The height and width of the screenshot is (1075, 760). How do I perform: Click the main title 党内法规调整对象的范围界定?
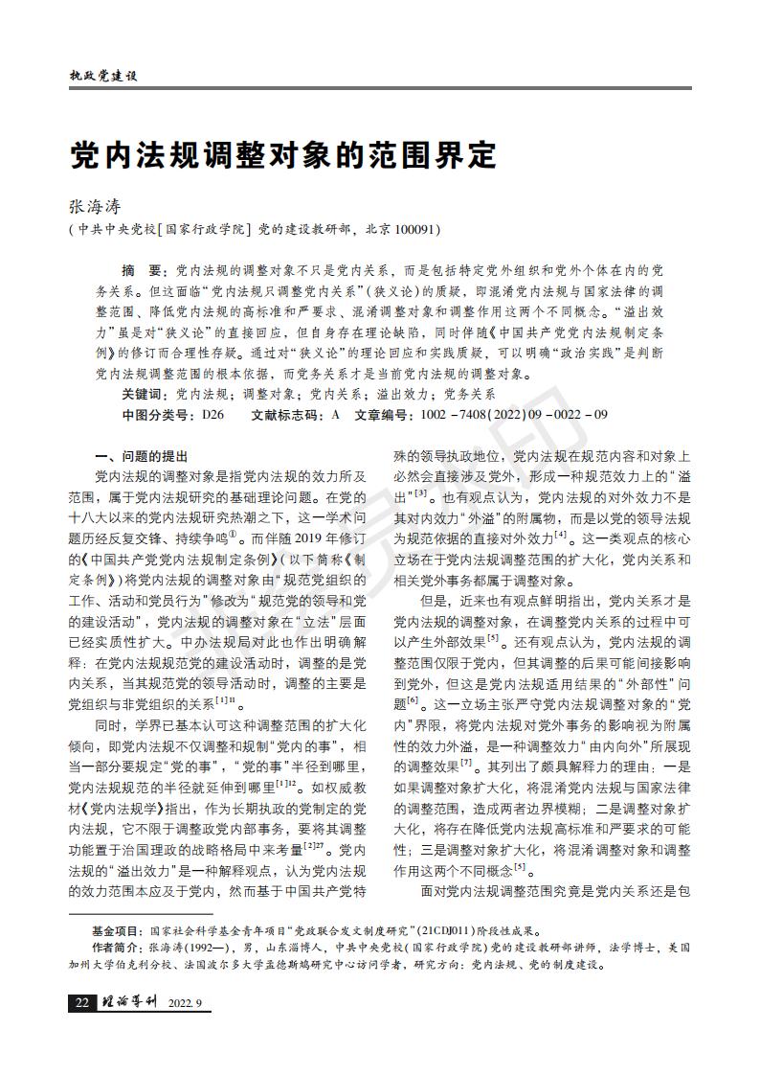click(284, 153)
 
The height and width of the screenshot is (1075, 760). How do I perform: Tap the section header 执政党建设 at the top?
click(104, 76)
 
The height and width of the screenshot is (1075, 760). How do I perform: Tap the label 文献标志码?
click(286, 416)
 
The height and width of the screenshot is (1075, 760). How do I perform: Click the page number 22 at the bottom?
click(81, 1003)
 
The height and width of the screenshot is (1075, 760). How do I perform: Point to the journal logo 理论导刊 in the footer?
click(129, 1003)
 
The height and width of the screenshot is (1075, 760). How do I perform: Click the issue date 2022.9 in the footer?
click(186, 1003)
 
